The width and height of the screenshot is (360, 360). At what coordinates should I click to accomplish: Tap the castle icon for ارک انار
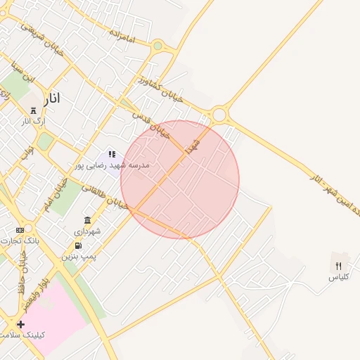pos(33,110)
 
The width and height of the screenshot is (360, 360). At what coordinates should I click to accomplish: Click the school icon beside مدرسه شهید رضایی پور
pos(111,154)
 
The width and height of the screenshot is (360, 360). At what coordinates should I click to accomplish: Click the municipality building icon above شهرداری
pos(87,221)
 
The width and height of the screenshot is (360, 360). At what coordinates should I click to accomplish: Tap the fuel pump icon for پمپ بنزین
pos(77,245)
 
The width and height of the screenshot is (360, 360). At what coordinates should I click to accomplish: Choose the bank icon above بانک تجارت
pos(20,231)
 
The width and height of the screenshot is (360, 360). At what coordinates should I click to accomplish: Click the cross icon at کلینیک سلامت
pos(21,324)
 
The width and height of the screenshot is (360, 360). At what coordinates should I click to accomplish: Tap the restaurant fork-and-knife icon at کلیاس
pos(338,266)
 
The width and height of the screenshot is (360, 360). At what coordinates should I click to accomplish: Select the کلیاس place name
pos(338,278)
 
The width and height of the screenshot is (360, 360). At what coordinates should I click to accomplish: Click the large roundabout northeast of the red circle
pos(219,114)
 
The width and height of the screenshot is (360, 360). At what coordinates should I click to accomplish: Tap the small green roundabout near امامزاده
pos(157,46)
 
